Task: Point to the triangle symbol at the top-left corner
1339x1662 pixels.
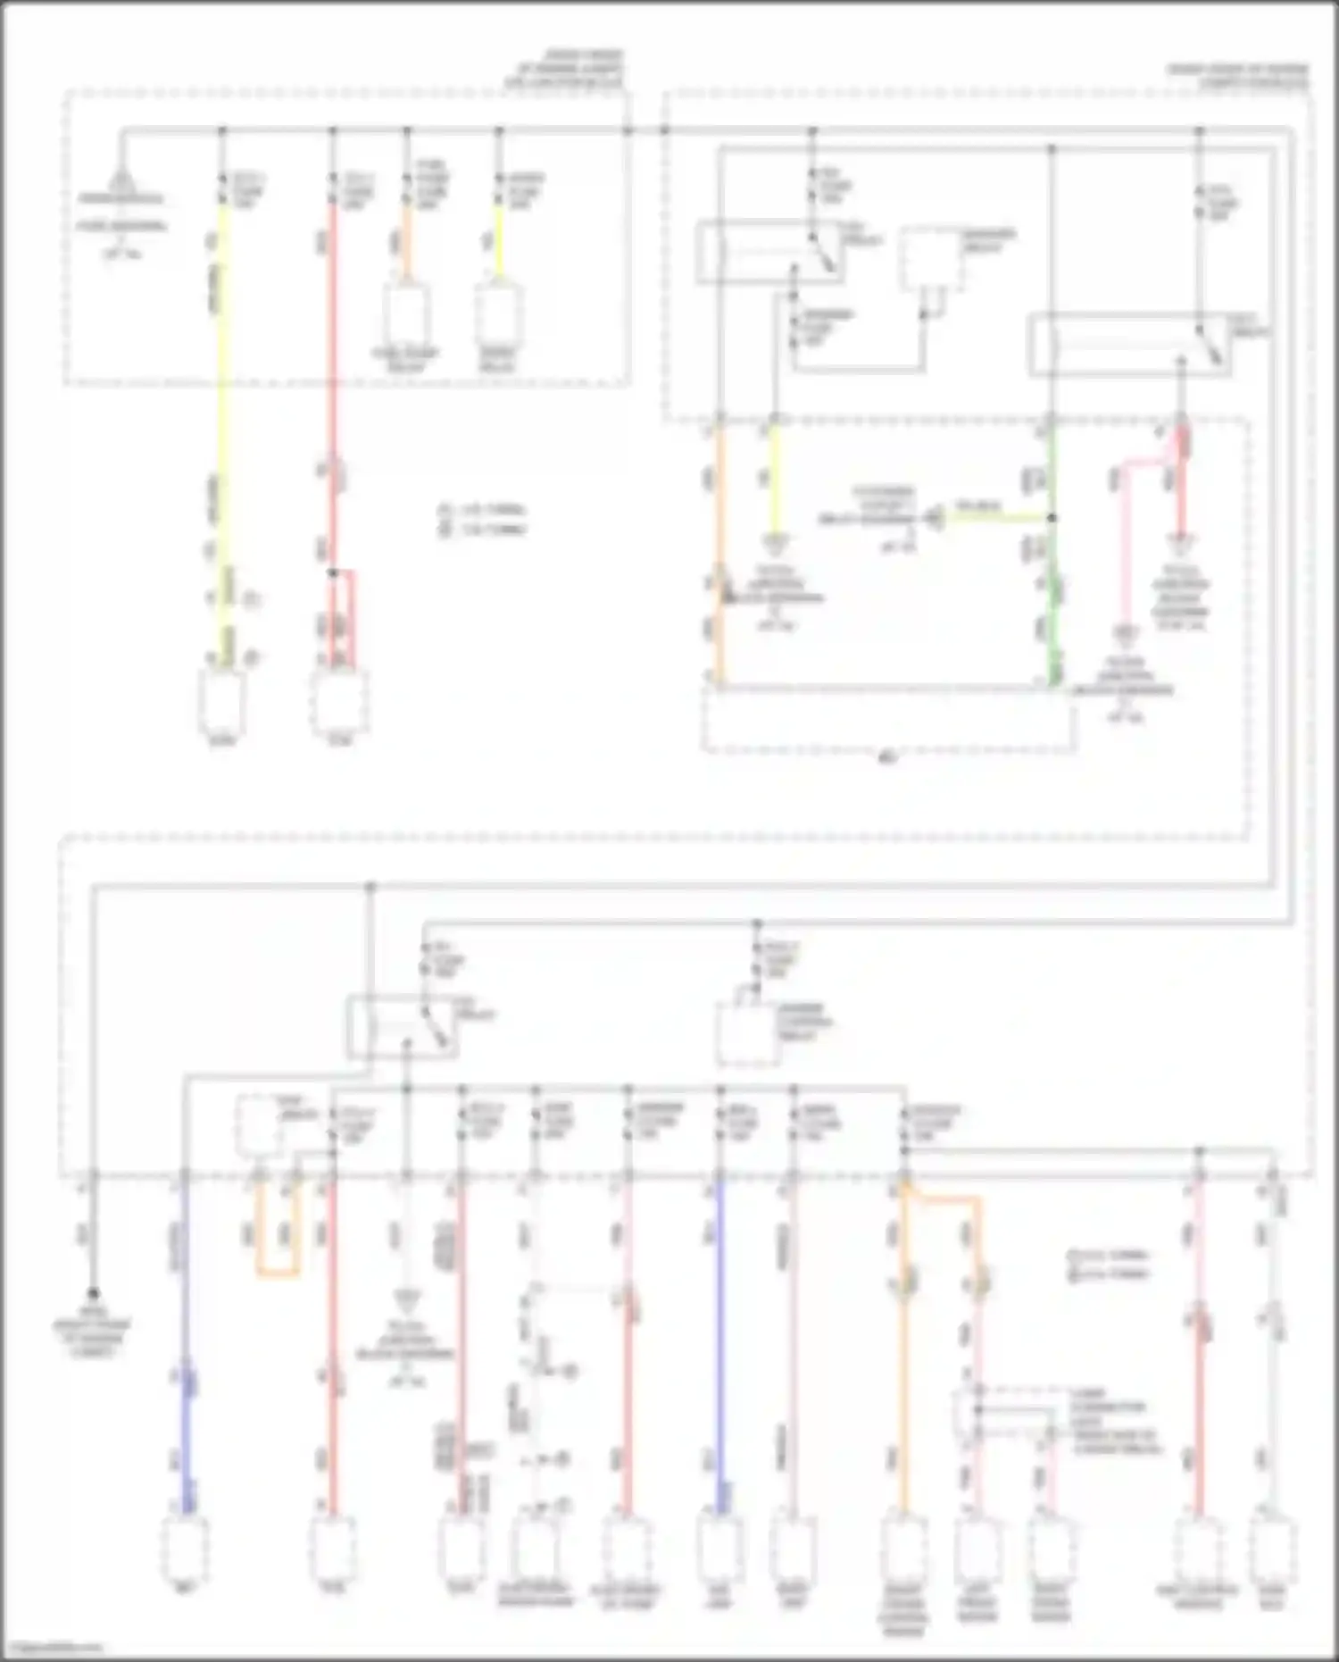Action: coord(121,183)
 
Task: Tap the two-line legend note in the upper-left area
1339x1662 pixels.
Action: coord(482,520)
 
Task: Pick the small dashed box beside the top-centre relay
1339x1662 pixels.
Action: coord(930,259)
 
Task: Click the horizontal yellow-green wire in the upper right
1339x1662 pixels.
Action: coord(991,517)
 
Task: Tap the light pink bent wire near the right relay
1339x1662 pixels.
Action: coord(1127,536)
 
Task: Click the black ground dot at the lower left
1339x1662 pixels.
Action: coord(93,1292)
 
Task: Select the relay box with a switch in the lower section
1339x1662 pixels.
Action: coord(402,1027)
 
